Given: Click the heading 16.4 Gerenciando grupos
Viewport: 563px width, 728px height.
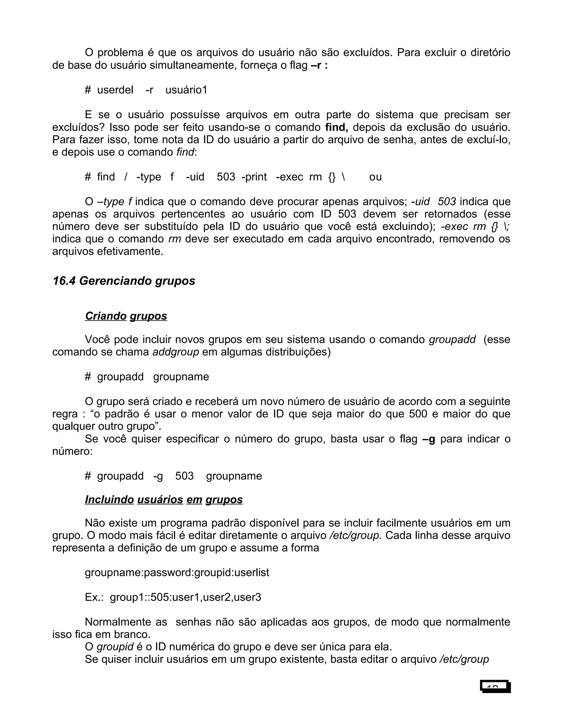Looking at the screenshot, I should point(124,281).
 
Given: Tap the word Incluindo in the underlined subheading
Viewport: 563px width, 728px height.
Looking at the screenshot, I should point(109,499).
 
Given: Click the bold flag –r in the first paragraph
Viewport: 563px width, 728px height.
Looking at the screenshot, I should point(316,65).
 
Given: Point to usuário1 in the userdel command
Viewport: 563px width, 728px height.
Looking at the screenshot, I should point(186,90).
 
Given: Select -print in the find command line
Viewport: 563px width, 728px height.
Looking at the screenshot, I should point(254,177).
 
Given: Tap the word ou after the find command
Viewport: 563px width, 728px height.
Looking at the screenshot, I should point(375,177).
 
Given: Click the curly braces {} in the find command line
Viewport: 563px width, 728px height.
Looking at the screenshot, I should point(332,177).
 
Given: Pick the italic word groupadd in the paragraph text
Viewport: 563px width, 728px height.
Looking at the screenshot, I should point(452,340).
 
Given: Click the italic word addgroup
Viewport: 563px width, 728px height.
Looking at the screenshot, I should point(176,352).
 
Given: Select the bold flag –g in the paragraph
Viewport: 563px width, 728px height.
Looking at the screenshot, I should point(429,439).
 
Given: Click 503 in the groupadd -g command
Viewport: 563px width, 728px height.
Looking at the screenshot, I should point(184,476).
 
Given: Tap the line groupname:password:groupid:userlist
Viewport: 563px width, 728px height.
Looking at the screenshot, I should point(177,572).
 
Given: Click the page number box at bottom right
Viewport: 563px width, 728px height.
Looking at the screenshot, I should point(495,686).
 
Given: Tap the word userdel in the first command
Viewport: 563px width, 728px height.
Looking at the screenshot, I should point(115,90).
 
